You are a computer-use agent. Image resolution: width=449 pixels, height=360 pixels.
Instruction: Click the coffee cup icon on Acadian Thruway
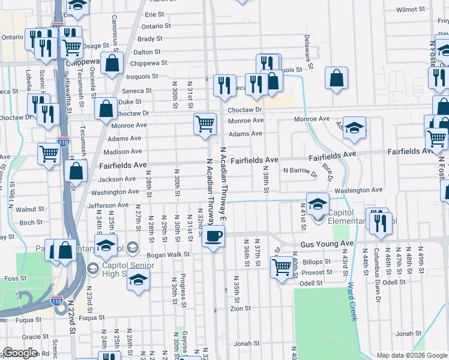coord(213,236)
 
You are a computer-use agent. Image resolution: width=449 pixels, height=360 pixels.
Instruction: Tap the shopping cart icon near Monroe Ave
coord(205,124)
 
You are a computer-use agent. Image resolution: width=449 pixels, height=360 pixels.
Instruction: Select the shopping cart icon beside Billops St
coord(281,266)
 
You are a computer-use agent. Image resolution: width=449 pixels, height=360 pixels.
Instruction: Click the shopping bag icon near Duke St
coord(106,109)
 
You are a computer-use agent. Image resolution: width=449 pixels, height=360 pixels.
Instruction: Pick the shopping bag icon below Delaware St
coord(337,77)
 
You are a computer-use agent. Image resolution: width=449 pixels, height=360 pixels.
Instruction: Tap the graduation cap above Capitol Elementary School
coord(318,203)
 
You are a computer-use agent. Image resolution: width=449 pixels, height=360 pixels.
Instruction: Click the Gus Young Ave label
coord(327,245)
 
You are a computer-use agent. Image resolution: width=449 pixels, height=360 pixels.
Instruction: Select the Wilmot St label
coord(411,10)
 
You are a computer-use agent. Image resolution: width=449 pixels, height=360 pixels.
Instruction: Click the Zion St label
coord(240,308)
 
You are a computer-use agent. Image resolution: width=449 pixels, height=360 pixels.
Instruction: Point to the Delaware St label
coord(307,50)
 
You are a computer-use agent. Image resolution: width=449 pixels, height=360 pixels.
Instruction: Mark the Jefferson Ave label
coord(108,205)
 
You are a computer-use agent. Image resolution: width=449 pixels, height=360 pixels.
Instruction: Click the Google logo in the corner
coord(20,352)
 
